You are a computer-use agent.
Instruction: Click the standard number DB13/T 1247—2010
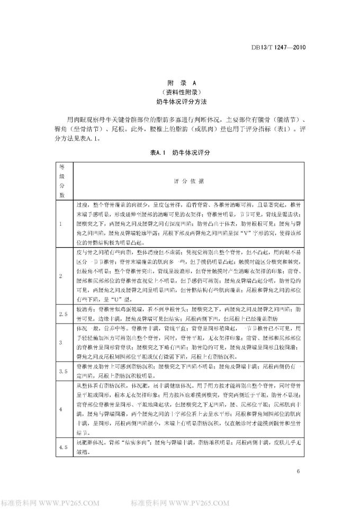(278, 47)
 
